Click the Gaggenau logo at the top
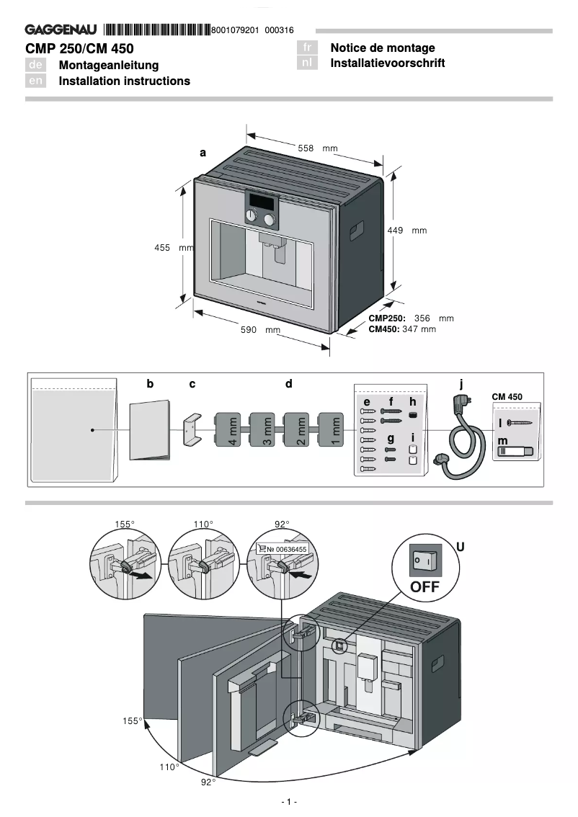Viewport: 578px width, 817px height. [x=62, y=30]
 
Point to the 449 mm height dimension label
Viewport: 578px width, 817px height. [x=406, y=231]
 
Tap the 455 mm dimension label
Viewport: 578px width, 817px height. [x=174, y=247]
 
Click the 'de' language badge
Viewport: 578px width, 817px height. [x=36, y=65]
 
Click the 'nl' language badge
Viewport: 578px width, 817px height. [x=308, y=63]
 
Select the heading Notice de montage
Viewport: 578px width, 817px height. [x=383, y=48]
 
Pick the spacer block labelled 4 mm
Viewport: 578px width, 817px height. [x=231, y=431]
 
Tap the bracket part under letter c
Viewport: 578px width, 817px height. [x=191, y=429]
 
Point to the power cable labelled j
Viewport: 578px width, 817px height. [x=461, y=439]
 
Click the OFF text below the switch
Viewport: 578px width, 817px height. [x=424, y=586]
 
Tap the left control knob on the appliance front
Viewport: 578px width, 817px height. [x=252, y=217]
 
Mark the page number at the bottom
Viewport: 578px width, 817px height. [x=288, y=802]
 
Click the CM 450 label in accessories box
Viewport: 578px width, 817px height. [x=507, y=397]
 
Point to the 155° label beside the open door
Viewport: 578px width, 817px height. [x=131, y=720]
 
